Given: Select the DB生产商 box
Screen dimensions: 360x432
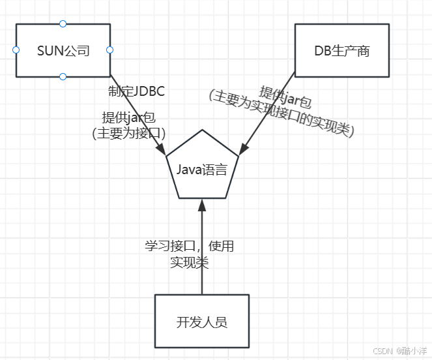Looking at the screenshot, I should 341,50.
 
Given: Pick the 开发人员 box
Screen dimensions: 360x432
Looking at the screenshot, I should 201,321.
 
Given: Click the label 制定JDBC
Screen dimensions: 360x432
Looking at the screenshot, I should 137,91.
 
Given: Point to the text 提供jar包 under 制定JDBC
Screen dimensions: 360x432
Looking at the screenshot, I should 128,117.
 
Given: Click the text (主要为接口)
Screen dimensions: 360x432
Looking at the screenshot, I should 129,132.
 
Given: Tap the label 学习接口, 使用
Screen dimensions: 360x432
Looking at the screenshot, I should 189,247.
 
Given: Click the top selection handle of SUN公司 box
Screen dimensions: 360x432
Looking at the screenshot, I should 63,24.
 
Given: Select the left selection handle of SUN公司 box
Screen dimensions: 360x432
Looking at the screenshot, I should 16,50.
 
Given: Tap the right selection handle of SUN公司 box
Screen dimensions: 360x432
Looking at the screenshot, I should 110,50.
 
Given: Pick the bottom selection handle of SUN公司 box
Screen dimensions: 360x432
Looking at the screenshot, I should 63,76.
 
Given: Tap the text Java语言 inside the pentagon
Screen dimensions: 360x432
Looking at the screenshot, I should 202,170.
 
